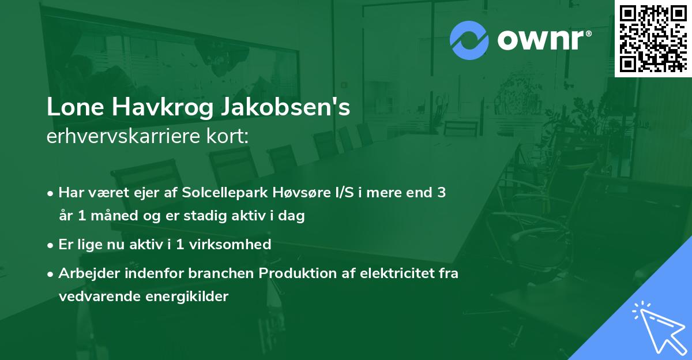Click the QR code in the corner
click(x=653, y=38)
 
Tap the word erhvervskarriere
click(x=121, y=137)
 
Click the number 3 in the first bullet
click(x=441, y=193)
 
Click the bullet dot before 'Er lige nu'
click(x=51, y=245)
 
